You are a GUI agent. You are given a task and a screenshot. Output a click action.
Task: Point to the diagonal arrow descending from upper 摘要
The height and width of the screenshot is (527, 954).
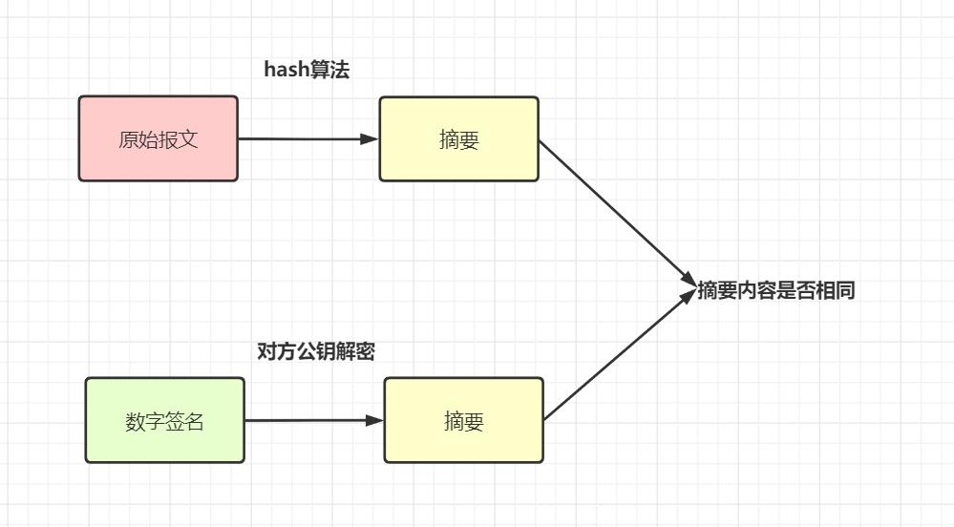[616, 210]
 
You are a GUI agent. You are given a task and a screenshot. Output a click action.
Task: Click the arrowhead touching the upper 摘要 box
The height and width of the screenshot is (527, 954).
[371, 138]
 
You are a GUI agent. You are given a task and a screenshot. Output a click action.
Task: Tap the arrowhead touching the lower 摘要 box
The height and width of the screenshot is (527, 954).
[375, 420]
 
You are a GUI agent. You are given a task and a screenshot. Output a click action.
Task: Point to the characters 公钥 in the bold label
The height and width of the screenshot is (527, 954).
[316, 351]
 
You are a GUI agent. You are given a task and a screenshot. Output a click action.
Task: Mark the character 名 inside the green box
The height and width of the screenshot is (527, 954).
[195, 421]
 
